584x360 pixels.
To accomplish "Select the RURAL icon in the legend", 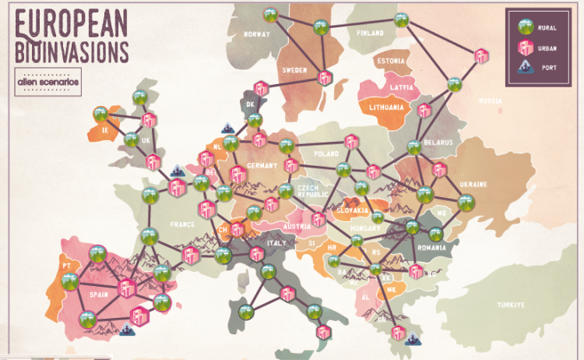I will tap(525, 27).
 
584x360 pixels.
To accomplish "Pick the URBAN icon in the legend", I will tap(525, 48).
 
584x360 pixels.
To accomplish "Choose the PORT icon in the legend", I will tap(525, 68).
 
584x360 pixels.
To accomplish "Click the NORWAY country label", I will tap(256, 34).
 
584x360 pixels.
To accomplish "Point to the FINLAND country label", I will tap(371, 34).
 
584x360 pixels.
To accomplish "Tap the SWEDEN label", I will tap(295, 70).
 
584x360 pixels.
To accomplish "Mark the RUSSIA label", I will tap(490, 101).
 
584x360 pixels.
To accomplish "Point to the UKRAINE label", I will tap(473, 184).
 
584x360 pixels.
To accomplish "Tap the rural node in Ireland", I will tap(101, 113).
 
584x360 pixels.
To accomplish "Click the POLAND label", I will tap(326, 154).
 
